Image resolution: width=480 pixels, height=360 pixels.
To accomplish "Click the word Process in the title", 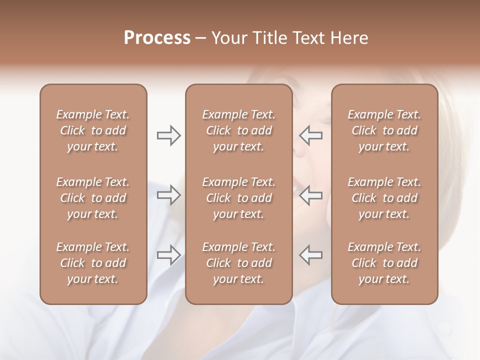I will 157,38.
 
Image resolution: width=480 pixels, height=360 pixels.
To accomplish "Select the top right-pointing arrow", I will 169,135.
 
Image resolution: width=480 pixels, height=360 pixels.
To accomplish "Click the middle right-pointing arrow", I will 169,195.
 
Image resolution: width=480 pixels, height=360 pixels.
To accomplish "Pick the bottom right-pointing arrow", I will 169,255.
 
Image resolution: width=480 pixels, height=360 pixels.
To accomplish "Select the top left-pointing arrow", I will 310,135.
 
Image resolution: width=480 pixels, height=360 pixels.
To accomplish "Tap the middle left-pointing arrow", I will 310,195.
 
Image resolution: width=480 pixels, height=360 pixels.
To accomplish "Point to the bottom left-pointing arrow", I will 310,255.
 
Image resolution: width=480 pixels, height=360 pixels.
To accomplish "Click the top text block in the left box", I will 93,130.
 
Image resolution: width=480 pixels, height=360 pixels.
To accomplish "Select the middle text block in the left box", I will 93,198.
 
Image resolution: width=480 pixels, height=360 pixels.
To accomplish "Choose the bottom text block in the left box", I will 93,263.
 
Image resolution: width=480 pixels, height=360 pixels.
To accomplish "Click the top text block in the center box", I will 239,130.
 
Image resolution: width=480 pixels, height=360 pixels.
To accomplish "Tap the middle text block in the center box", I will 239,198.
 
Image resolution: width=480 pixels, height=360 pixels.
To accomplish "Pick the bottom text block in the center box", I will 239,263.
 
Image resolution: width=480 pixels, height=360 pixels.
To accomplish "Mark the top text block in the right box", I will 384,130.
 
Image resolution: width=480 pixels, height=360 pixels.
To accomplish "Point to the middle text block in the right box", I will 384,198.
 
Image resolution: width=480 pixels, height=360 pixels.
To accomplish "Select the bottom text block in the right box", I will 384,263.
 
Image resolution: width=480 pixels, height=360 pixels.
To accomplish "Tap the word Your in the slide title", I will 228,38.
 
